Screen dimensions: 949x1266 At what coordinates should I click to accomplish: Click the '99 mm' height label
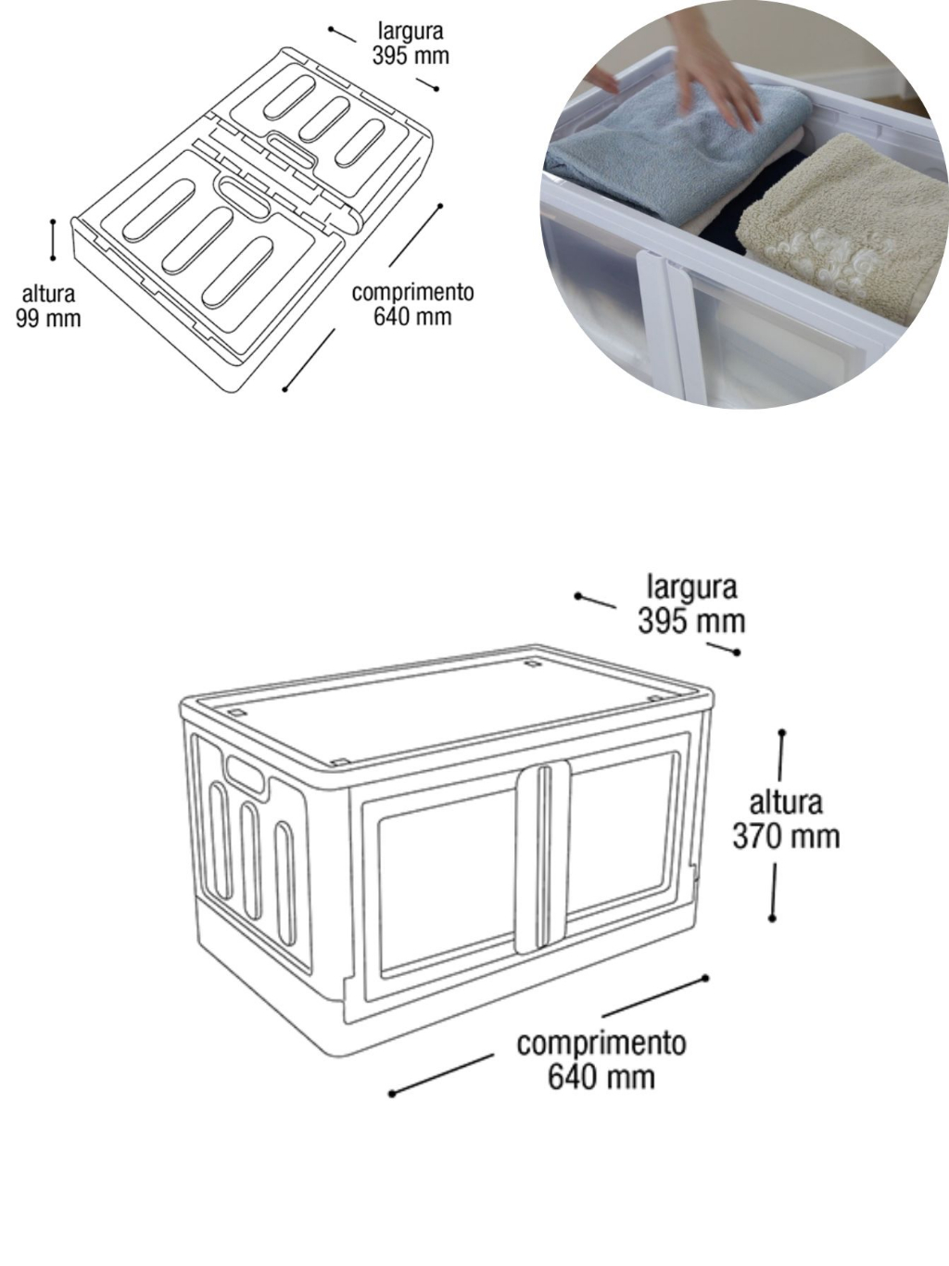click(48, 318)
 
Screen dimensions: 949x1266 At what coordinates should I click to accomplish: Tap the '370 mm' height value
click(786, 836)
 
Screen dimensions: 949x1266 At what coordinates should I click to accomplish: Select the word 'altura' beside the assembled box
click(785, 803)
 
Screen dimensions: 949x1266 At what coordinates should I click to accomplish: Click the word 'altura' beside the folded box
click(48, 294)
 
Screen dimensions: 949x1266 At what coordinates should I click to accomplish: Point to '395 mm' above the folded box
click(411, 56)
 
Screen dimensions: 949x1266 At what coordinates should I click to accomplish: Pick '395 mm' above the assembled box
click(691, 621)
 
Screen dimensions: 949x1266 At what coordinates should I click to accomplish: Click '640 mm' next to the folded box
click(412, 317)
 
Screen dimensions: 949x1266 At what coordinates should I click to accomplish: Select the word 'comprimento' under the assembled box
click(601, 1044)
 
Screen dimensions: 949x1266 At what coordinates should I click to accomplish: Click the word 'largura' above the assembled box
click(692, 589)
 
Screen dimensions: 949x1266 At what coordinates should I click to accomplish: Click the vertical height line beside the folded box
click(53, 239)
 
